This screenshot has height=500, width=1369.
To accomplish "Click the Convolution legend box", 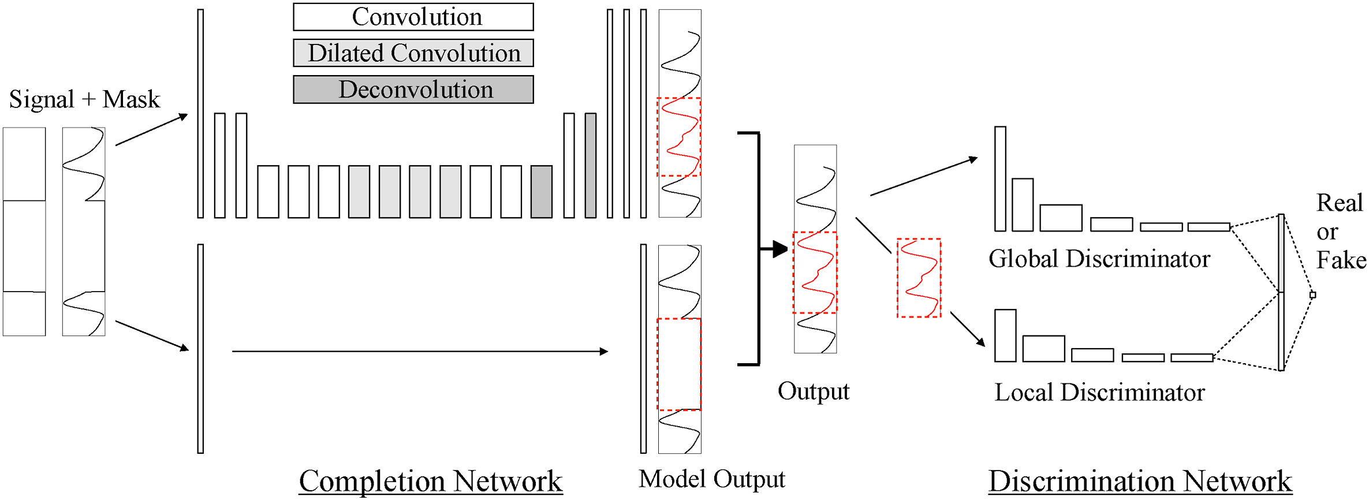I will (x=413, y=17).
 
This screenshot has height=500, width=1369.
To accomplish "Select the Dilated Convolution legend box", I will (x=413, y=53).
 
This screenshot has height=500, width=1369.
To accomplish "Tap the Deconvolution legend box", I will (x=413, y=89).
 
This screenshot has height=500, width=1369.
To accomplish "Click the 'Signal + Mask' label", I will (x=84, y=99).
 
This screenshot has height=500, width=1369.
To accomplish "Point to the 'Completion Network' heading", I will (x=431, y=481).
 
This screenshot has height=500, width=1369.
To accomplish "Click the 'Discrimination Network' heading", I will (x=1140, y=481).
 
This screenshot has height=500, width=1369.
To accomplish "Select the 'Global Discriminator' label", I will (x=1099, y=259).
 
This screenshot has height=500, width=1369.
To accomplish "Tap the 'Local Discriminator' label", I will (x=1099, y=393).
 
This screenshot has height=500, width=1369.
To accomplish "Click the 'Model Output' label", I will (x=711, y=479).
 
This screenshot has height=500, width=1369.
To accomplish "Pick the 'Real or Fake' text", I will (x=1340, y=232).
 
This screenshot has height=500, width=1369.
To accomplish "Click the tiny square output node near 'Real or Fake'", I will (x=1312, y=295).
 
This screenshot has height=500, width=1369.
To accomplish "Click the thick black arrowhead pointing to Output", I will (x=779, y=249).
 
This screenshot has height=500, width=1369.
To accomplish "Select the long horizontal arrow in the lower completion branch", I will (x=420, y=351).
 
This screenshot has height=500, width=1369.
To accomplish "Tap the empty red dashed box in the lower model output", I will (x=679, y=364).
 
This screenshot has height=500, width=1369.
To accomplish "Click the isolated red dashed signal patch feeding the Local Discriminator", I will (x=919, y=278).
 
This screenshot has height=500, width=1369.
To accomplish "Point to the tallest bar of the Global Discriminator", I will (x=1000, y=179).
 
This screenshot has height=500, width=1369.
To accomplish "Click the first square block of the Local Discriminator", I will (x=1005, y=336).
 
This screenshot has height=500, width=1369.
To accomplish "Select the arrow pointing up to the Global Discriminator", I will (x=924, y=177).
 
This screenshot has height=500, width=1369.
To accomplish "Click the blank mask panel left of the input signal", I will (x=24, y=232).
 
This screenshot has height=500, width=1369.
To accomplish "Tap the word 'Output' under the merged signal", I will (x=813, y=391).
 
